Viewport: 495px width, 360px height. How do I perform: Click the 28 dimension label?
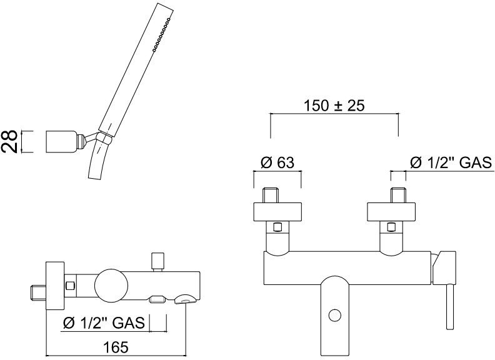(9, 141)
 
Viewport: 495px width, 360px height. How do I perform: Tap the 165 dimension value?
(116, 347)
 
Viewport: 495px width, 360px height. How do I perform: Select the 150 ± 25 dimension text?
(334, 106)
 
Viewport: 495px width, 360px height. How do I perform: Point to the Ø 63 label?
(277, 162)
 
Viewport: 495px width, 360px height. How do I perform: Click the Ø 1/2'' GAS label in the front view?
(451, 162)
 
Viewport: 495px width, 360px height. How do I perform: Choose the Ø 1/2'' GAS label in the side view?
(104, 322)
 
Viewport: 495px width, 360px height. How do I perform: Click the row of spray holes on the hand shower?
(161, 34)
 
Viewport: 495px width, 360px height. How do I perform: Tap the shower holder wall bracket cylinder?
(61, 141)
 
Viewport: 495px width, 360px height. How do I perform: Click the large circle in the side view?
(112, 285)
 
